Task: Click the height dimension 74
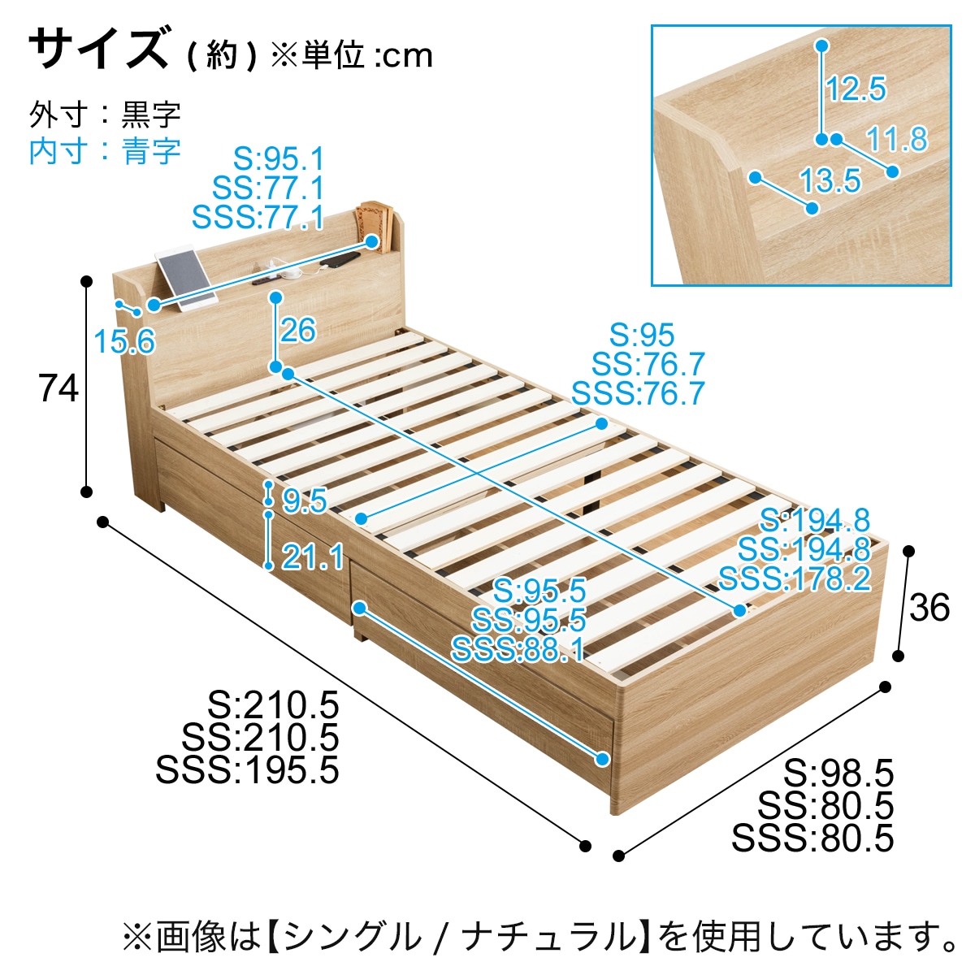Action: (58, 388)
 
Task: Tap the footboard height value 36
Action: (929, 607)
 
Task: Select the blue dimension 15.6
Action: (123, 341)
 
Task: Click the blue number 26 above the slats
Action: (297, 330)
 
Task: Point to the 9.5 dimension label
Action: (304, 501)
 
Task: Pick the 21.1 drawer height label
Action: (313, 557)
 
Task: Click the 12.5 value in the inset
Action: (856, 89)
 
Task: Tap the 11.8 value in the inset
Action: (896, 140)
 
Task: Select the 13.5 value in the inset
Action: (830, 180)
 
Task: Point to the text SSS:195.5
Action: (247, 770)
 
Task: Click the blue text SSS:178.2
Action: (794, 579)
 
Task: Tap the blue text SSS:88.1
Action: (518, 650)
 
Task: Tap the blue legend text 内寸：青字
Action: (105, 151)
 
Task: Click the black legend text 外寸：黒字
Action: (105, 115)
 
